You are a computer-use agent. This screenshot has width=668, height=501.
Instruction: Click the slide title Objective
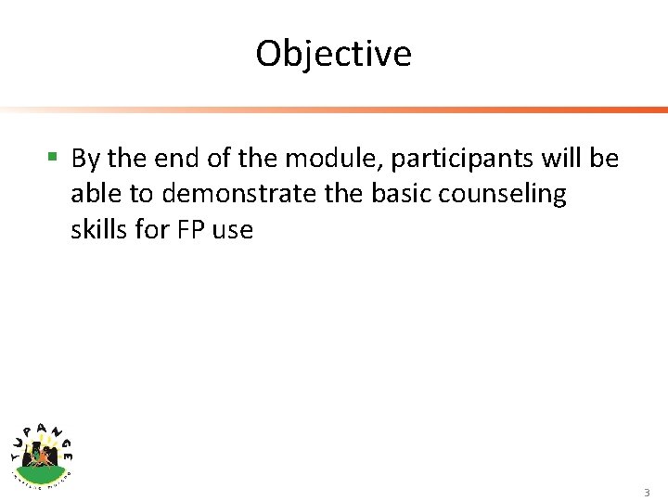(333, 54)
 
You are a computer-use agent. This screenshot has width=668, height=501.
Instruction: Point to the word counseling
(502, 195)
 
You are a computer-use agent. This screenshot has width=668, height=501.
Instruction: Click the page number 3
(647, 493)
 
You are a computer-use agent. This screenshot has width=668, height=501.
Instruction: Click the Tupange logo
(42, 452)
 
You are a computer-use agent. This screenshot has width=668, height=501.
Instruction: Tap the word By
(85, 160)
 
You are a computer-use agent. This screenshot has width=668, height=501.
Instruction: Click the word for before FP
(151, 229)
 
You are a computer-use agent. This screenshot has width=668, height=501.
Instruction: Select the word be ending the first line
(605, 159)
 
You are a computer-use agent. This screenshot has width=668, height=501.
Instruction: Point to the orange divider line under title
(371, 110)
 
